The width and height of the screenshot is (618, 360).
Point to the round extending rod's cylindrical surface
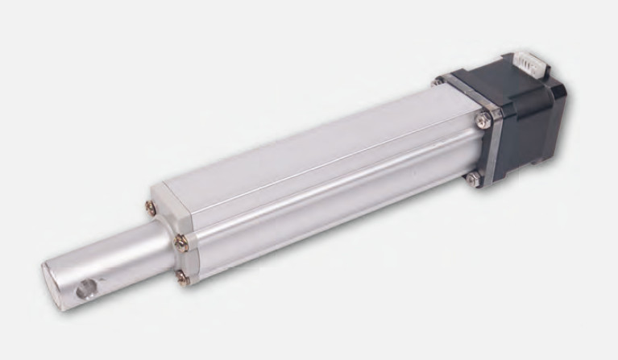click(x=121, y=250)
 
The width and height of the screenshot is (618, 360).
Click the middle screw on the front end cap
click(x=180, y=240)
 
